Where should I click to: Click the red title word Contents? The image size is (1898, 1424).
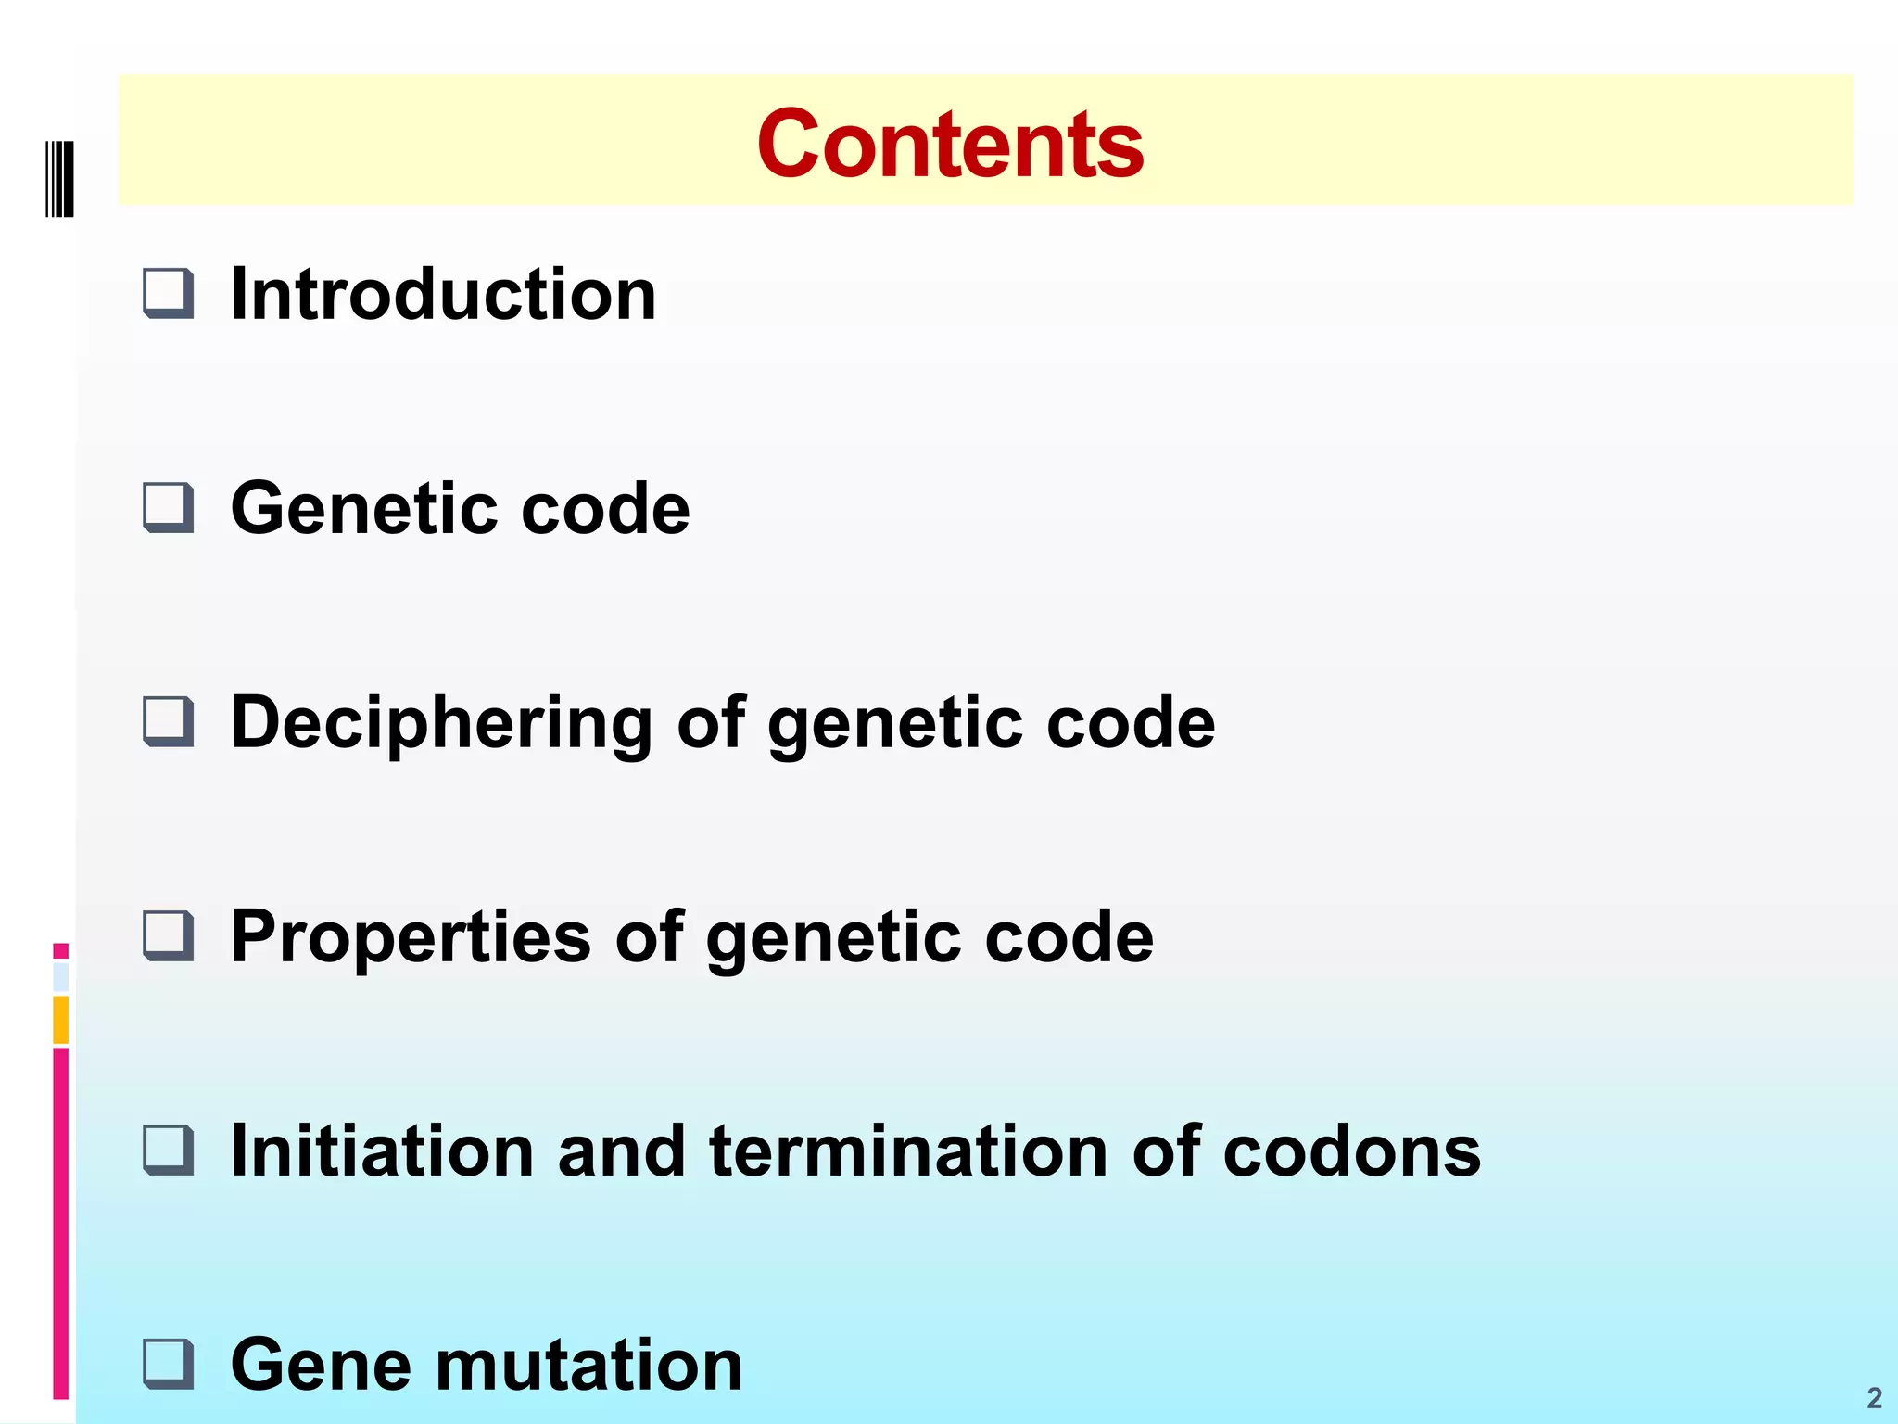(950, 145)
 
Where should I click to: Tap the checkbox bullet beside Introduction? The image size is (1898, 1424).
(169, 293)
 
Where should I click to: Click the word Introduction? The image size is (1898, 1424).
(443, 294)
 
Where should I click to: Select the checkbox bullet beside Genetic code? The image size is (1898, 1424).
(169, 507)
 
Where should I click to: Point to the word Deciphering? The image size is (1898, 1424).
(441, 723)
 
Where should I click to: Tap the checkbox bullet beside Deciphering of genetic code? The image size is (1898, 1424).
(169, 721)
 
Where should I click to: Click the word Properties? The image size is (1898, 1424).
(411, 938)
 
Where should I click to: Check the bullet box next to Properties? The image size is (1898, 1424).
(169, 935)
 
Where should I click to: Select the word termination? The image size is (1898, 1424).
(908, 1151)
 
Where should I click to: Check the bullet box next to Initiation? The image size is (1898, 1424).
(169, 1150)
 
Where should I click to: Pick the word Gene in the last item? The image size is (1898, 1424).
(320, 1365)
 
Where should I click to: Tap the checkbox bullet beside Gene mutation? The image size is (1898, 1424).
(169, 1364)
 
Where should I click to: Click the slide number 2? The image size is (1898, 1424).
(1874, 1397)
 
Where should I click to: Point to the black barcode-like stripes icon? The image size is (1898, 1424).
(59, 178)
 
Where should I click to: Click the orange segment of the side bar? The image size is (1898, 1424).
(61, 1019)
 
